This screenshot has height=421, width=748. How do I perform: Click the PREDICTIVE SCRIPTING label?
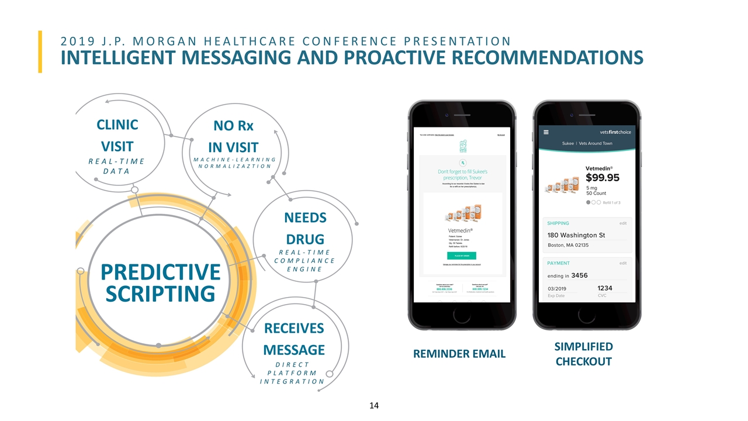tap(160, 282)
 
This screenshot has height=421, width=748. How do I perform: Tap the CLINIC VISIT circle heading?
tap(117, 135)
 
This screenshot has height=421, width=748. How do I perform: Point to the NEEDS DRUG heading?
tap(304, 228)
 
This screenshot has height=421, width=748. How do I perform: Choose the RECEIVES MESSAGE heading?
tap(294, 339)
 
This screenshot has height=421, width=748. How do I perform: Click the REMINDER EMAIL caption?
tap(459, 353)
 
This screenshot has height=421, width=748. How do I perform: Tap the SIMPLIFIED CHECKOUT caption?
tap(584, 354)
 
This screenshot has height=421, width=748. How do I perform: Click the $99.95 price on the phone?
tap(602, 178)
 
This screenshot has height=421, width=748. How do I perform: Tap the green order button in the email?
tap(462, 256)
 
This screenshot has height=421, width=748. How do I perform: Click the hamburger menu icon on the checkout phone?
tap(546, 132)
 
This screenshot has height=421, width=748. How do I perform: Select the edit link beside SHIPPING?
tap(623, 223)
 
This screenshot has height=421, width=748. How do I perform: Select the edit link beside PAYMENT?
tap(623, 263)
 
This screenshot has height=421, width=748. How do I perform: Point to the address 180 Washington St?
tap(576, 235)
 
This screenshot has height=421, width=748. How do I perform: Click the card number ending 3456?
tap(579, 275)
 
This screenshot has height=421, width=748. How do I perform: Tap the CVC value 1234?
tap(605, 288)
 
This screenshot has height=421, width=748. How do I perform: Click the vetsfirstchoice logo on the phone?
tap(611, 132)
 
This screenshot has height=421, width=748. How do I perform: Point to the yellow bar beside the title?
tap(40, 51)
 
